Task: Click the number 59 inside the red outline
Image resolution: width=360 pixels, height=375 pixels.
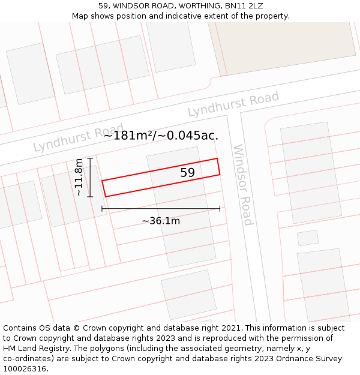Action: tap(187, 173)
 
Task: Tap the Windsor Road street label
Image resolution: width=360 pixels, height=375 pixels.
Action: tap(242, 185)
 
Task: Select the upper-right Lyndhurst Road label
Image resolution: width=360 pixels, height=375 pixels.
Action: tap(233, 104)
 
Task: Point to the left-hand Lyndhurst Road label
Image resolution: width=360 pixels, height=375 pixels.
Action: tap(78, 138)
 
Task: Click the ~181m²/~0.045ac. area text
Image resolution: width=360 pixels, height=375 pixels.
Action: tap(161, 136)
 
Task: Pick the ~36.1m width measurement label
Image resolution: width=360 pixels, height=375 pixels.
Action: tap(161, 221)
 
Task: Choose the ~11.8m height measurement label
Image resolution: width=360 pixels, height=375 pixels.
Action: tap(79, 177)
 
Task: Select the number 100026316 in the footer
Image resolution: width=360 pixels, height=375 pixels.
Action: tap(23, 369)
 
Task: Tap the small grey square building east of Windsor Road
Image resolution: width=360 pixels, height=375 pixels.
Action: tap(308, 238)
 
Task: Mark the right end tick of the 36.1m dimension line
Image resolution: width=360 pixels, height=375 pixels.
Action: tap(220, 209)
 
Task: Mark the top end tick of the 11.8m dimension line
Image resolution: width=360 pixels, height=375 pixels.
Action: tap(90, 158)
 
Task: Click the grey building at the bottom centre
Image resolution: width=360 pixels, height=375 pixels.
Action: tap(188, 295)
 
